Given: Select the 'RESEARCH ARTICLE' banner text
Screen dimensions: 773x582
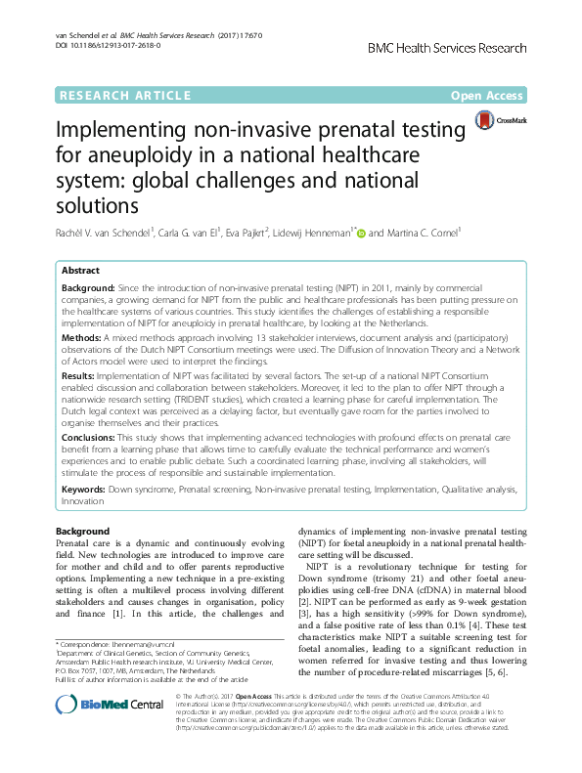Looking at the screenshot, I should (125, 96).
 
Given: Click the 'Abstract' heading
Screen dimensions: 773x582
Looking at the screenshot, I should (80, 269).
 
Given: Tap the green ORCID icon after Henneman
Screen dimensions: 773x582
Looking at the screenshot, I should (361, 234).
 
